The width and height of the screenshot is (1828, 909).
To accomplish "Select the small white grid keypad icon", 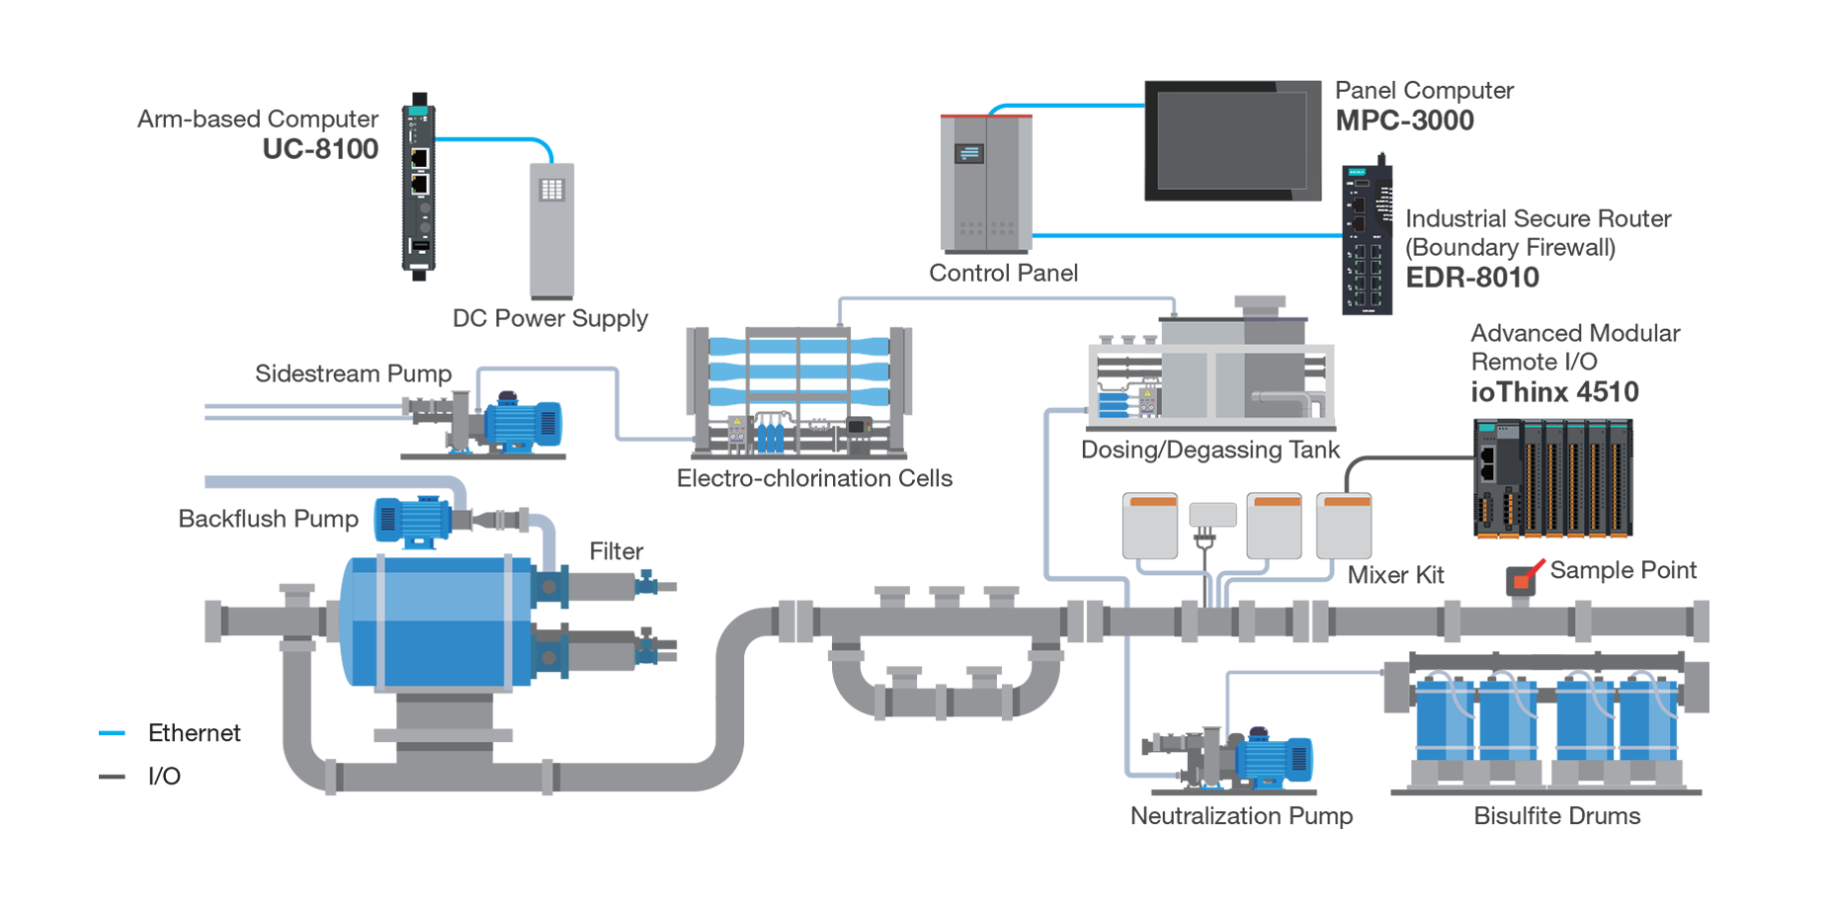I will tap(551, 190).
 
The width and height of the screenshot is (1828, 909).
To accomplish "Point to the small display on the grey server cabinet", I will tap(968, 153).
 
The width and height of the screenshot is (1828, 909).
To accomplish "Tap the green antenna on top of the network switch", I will tap(1382, 146).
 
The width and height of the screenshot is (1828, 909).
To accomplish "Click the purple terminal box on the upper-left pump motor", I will tap(509, 389).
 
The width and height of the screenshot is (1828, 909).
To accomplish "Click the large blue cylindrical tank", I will tap(443, 632).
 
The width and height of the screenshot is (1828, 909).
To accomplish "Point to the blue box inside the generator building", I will tap(1114, 404).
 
